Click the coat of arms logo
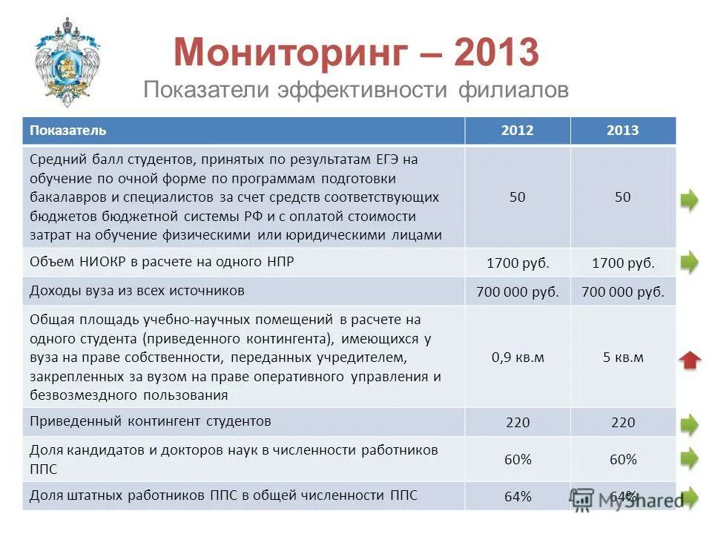[x=67, y=61]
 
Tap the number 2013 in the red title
[x=496, y=53]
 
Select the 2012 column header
[x=517, y=131]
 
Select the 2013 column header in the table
[x=623, y=131]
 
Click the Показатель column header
[x=68, y=131]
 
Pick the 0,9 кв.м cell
[x=518, y=357]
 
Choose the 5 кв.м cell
[x=623, y=357]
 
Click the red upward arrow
[x=690, y=360]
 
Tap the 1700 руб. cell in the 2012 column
[x=518, y=263]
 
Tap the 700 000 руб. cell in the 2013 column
[x=623, y=292]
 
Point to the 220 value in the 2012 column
[x=518, y=422]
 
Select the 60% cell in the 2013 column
[x=623, y=460]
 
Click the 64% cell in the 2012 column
[x=518, y=497]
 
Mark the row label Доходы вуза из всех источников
[x=137, y=291]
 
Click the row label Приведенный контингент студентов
[x=151, y=421]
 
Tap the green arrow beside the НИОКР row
[x=690, y=261]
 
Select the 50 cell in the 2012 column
[x=518, y=197]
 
